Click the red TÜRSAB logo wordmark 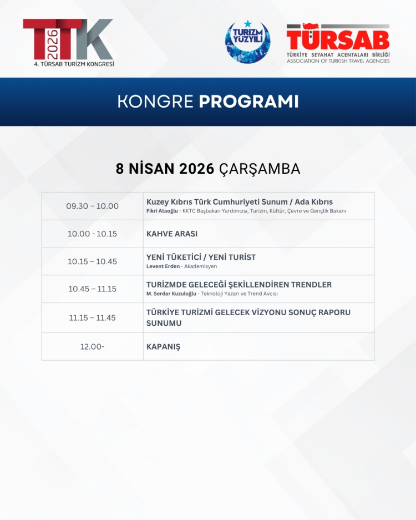(338, 39)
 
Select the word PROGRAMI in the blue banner (248, 102)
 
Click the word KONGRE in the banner (155, 102)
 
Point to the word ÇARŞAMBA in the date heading (260, 169)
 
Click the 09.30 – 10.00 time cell (93, 206)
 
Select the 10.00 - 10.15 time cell (93, 234)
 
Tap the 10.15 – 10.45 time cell (93, 261)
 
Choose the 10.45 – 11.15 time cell (93, 289)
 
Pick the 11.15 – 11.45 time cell (93, 318)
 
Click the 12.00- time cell (93, 347)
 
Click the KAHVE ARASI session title (172, 234)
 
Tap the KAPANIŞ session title (163, 347)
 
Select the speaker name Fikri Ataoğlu (162, 211)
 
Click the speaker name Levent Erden (163, 266)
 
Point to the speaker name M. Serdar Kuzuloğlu (171, 294)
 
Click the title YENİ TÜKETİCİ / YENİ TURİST (201, 257)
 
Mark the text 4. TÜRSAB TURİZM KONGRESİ (74, 64)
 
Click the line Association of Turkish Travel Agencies (338, 61)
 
